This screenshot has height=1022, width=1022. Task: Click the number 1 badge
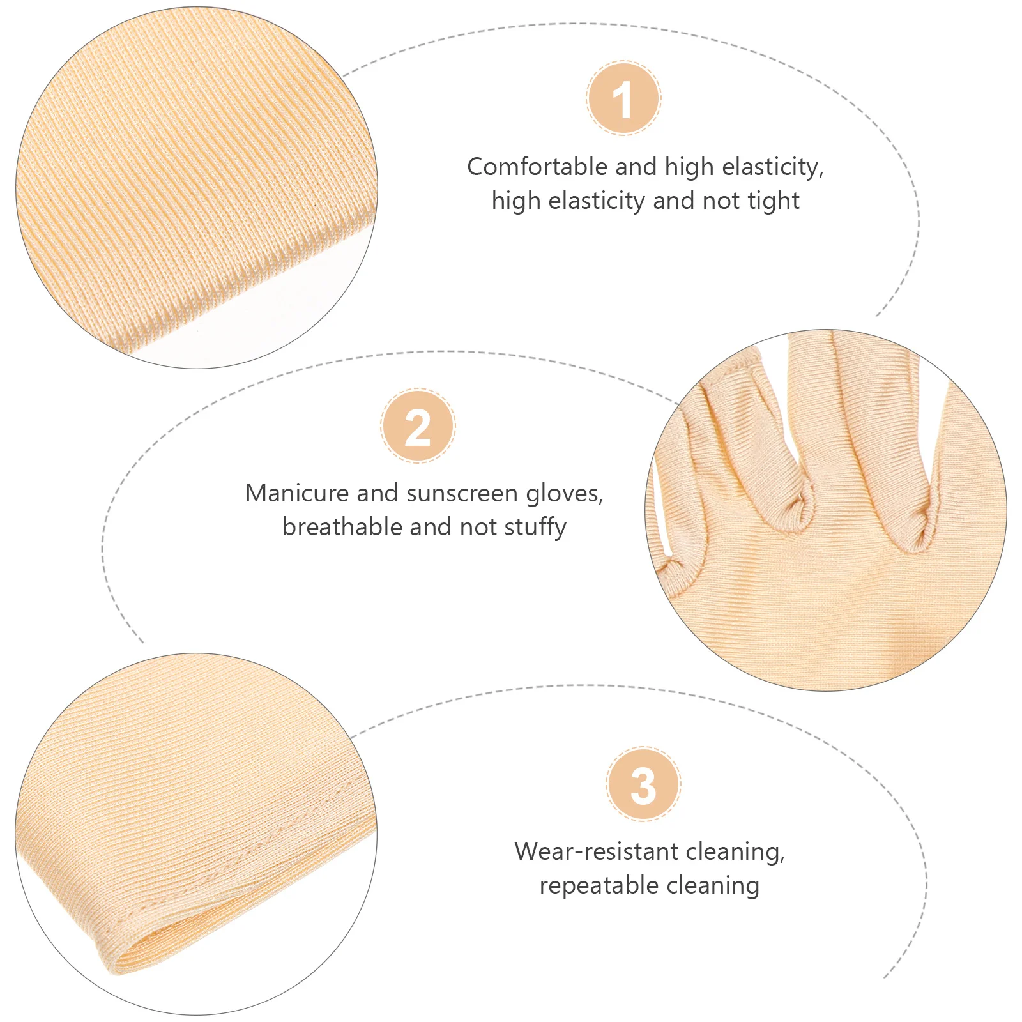[x=623, y=98]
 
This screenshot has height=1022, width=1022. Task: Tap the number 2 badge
[x=418, y=426]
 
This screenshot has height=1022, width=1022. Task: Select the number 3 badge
[x=643, y=784]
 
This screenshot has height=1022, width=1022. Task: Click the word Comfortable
[x=537, y=167]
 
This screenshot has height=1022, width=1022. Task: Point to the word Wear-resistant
[x=597, y=851]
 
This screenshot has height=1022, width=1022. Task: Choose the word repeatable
[x=590, y=886]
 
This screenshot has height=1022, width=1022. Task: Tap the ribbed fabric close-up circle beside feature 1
[x=196, y=188]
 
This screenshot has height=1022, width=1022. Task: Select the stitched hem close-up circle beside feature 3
[x=196, y=834]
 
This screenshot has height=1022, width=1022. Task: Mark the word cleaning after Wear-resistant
[x=735, y=851]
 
